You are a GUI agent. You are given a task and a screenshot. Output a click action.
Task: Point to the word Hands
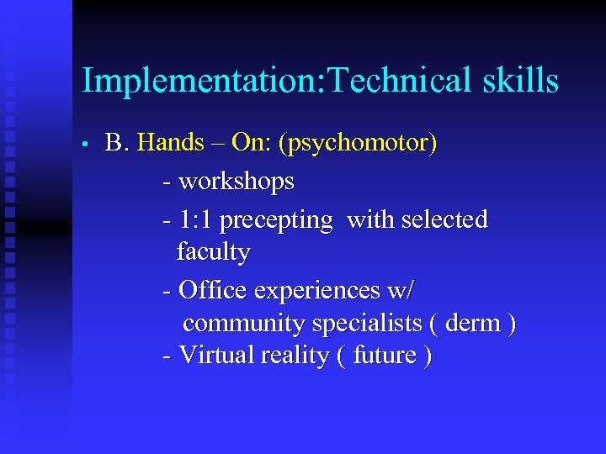[x=170, y=143]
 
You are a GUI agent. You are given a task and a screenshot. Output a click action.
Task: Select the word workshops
[x=237, y=181]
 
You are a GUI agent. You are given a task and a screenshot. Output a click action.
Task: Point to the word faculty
[x=213, y=251]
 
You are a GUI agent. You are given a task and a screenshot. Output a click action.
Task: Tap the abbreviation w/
[x=401, y=291]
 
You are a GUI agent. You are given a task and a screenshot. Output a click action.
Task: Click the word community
[x=244, y=324]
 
